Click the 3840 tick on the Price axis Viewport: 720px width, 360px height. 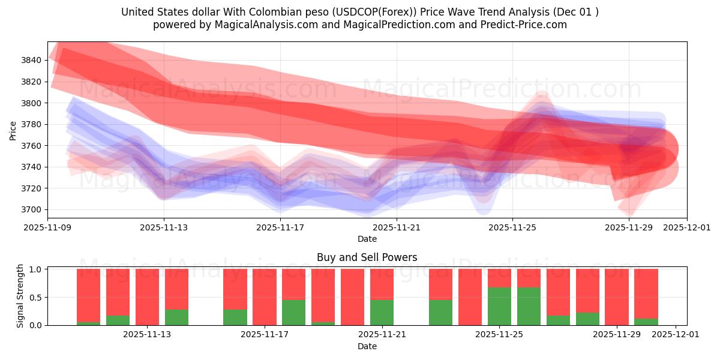[31, 60]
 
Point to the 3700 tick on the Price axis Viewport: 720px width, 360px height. [31, 209]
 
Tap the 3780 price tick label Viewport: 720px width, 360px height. [31, 124]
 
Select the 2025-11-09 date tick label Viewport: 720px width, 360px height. [48, 228]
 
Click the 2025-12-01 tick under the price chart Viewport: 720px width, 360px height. [686, 228]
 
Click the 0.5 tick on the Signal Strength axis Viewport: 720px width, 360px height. [35, 297]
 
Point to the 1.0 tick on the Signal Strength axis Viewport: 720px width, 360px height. [35, 269]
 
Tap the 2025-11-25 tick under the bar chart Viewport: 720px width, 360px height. [499, 335]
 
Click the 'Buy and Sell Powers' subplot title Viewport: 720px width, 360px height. [367, 257]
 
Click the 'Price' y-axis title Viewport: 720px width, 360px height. [13, 130]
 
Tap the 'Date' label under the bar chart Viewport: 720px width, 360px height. [367, 346]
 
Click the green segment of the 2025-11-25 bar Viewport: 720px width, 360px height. [499, 306]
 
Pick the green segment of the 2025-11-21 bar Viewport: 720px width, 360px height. [382, 312]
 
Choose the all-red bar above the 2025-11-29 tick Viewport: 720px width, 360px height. [616, 297]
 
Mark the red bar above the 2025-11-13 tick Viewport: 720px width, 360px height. [147, 297]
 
